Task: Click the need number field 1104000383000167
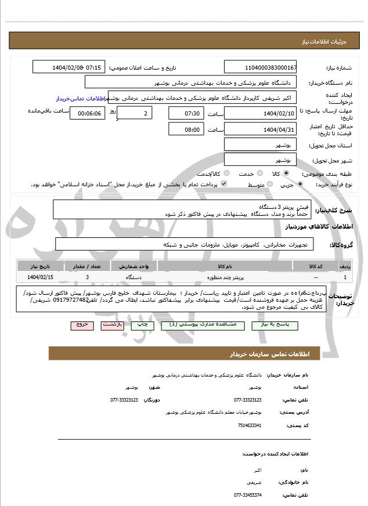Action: tap(261, 67)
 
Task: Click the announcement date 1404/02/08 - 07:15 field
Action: tap(69, 67)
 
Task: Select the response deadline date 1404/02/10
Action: tap(261, 113)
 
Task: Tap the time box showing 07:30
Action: tap(186, 113)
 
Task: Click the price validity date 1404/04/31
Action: tap(261, 129)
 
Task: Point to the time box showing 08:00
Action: tap(186, 129)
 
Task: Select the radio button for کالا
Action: tap(286, 174)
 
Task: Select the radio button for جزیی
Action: tap(300, 185)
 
